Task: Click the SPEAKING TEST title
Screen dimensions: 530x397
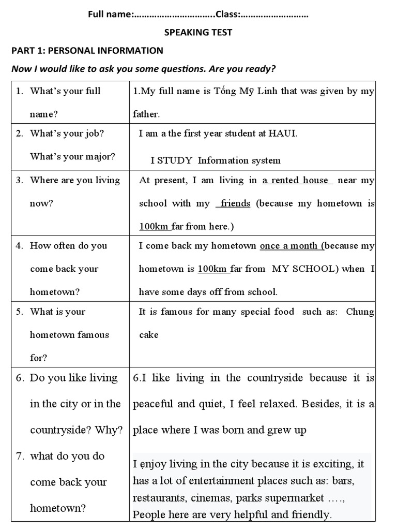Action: pyautogui.click(x=198, y=33)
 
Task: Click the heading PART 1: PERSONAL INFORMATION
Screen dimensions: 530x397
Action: pyautogui.click(x=87, y=51)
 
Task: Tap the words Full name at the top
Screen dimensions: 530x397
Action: pyautogui.click(x=110, y=15)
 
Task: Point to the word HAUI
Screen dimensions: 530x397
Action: pyautogui.click(x=283, y=134)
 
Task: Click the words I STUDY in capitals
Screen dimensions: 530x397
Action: pyautogui.click(x=172, y=160)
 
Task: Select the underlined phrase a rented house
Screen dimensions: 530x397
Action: pyautogui.click(x=295, y=180)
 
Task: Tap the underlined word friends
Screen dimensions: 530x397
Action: pyautogui.click(x=235, y=203)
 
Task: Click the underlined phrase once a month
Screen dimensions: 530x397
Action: pyautogui.click(x=289, y=246)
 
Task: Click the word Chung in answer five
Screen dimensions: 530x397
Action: pyautogui.click(x=360, y=312)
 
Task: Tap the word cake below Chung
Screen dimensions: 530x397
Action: pyautogui.click(x=149, y=335)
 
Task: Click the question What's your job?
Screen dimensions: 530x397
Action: pyautogui.click(x=67, y=134)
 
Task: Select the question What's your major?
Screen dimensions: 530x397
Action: pyautogui.click(x=72, y=156)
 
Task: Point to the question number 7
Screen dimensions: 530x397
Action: pyautogui.click(x=20, y=456)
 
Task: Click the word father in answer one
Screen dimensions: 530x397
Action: pyautogui.click(x=146, y=114)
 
